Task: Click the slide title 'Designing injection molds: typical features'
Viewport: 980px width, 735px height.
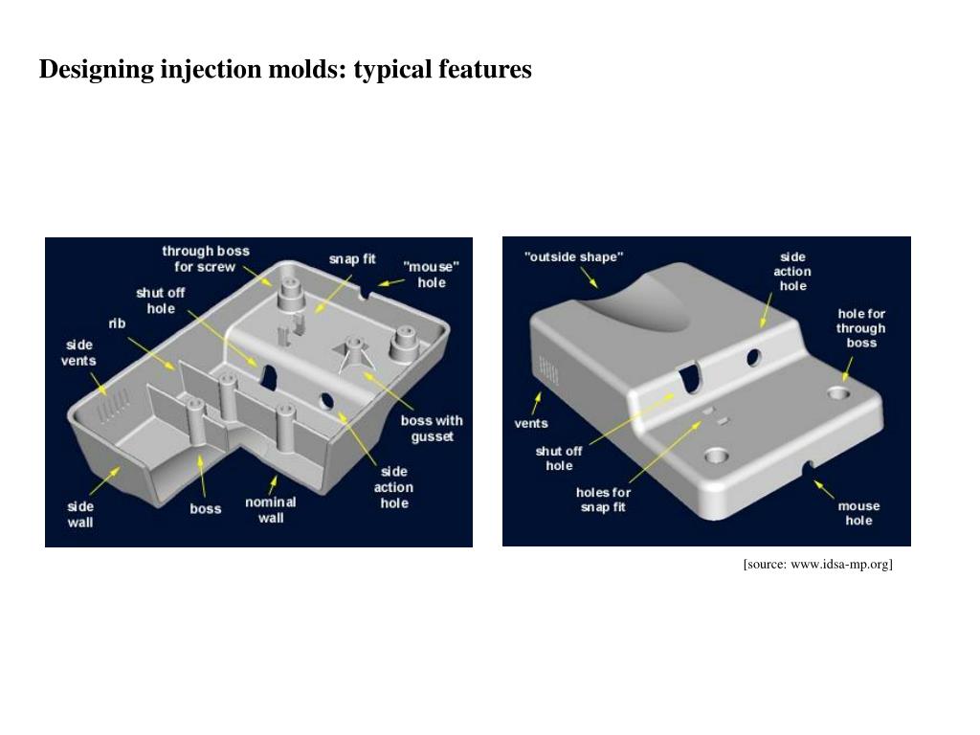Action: [285, 70]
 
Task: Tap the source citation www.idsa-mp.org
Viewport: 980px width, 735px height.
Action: [817, 565]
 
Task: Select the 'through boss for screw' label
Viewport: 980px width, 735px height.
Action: [205, 258]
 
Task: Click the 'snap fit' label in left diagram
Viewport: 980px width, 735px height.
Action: [352, 259]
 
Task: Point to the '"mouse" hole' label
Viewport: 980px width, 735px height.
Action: [432, 275]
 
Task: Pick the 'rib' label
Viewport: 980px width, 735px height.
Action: [117, 323]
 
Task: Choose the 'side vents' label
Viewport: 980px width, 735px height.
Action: [79, 352]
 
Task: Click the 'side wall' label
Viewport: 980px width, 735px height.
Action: [80, 514]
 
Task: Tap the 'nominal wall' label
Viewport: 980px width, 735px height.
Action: [271, 509]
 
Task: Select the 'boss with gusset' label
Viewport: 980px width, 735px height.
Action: [432, 428]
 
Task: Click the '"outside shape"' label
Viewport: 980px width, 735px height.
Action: [574, 256]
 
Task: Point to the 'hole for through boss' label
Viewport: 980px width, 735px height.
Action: [861, 327]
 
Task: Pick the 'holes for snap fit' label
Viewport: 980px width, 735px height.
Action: [603, 500]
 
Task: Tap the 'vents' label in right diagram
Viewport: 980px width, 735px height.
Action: [531, 423]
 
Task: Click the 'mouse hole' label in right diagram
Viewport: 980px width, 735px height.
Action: [858, 513]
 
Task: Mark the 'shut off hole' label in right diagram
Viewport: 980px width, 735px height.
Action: [559, 457]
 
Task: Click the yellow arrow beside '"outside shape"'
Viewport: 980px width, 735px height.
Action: [590, 278]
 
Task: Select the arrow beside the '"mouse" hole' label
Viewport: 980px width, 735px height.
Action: [388, 282]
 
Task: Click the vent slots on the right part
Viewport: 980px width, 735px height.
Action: [546, 370]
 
